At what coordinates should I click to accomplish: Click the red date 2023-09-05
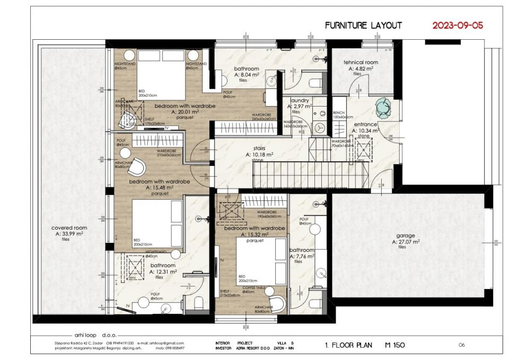coord(458,25)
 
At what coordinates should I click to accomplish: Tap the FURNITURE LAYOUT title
coord(363,25)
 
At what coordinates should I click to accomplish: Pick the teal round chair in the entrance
coord(383,108)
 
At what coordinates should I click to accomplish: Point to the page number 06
coord(461,345)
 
